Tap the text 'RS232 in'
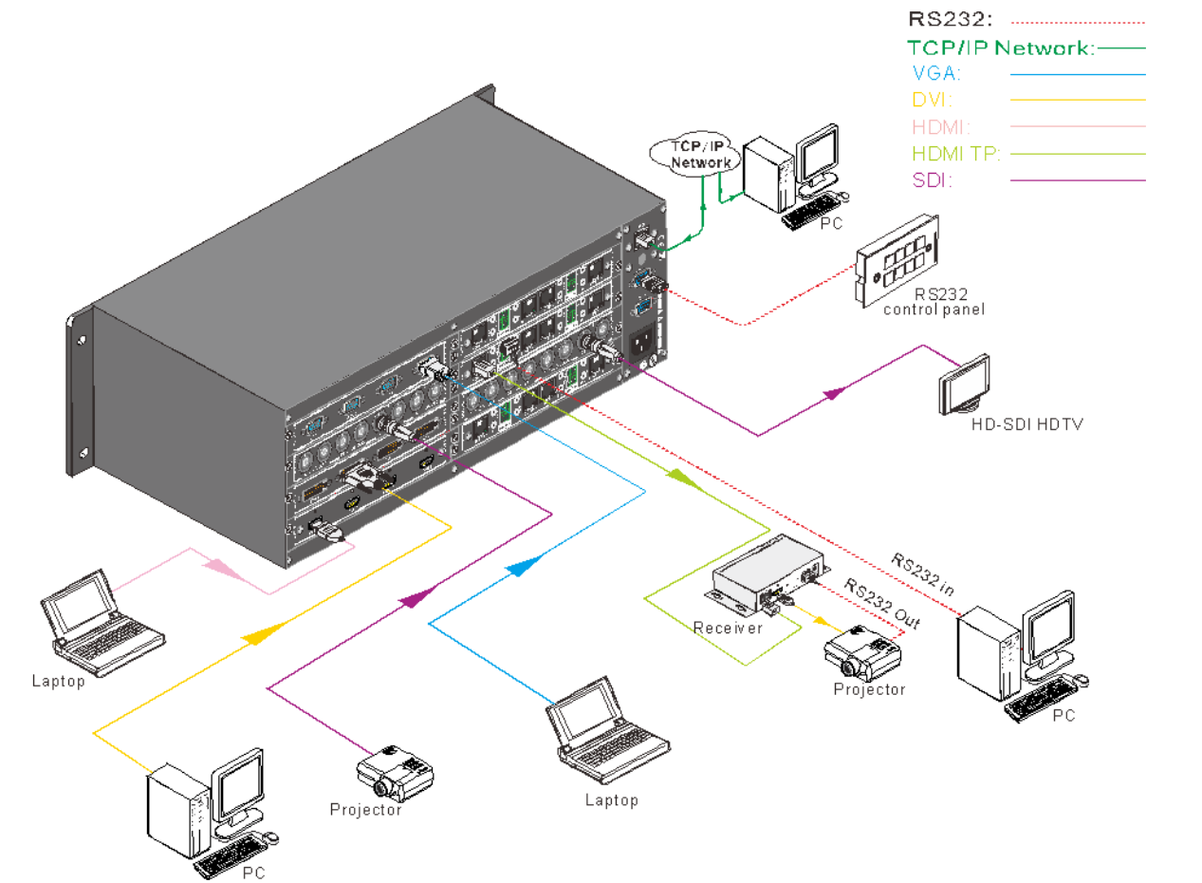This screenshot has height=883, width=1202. [x=922, y=573]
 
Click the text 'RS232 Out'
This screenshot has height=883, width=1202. [x=882, y=604]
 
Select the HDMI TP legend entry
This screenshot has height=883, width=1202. [x=956, y=153]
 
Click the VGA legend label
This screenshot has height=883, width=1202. [x=934, y=73]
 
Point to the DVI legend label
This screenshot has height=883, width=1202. [x=933, y=99]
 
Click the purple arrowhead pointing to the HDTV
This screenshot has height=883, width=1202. [x=835, y=392]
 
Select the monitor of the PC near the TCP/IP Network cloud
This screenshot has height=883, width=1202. [x=817, y=152]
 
